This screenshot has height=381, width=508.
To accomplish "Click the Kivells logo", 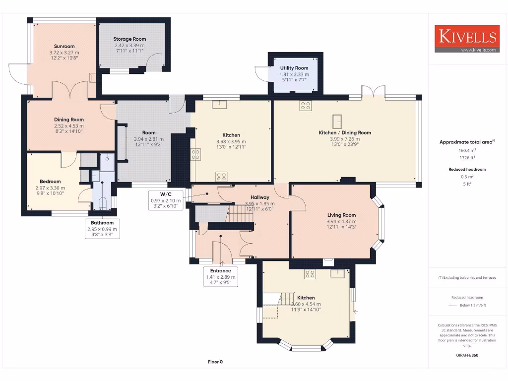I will tap(466, 37).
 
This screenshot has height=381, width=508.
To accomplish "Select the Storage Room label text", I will tap(129, 39).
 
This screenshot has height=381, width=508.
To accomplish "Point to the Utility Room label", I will tap(294, 68).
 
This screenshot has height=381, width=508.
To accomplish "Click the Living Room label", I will tap(341, 215).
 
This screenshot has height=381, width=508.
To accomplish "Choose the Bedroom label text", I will tap(50, 182).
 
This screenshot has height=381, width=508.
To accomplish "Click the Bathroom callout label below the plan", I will tap(102, 223).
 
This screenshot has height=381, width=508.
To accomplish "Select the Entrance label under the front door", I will tap(221, 271).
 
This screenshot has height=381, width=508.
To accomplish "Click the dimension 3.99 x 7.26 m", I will tap(345, 139).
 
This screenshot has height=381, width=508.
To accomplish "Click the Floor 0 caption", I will tap(215, 362).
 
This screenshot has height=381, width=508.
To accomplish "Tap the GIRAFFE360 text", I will tap(467, 355).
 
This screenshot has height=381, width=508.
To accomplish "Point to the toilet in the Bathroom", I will tap(102, 202).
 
